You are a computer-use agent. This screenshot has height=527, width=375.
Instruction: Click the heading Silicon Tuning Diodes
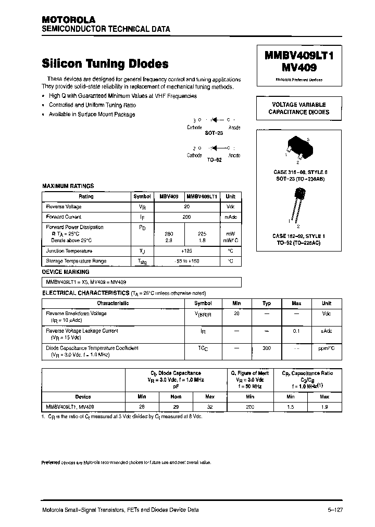(105, 64)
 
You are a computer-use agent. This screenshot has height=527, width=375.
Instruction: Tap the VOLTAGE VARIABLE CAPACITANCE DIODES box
(298, 108)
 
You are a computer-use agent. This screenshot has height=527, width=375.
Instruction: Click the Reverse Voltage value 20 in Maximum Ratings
(187, 207)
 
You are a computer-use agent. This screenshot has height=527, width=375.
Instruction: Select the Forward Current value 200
(187, 217)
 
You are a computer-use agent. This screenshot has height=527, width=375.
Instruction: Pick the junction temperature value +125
(187, 251)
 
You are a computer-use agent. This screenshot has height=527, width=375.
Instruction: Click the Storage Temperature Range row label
(76, 261)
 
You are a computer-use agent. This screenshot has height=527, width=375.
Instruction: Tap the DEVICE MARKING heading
(65, 272)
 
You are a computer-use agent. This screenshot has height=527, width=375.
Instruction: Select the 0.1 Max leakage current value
(296, 331)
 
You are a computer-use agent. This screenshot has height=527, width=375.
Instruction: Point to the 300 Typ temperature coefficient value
(267, 348)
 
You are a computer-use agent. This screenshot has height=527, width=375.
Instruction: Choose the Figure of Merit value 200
(250, 406)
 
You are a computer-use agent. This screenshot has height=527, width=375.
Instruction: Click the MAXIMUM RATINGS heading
(68, 186)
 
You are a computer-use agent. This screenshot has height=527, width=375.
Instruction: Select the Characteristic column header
(113, 303)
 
